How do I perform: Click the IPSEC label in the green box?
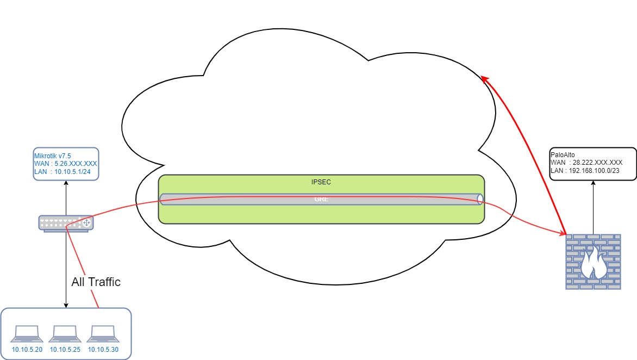click(x=321, y=182)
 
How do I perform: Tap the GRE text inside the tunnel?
click(x=321, y=200)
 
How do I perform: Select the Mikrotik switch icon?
click(x=66, y=222)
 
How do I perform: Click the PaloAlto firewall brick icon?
click(x=593, y=262)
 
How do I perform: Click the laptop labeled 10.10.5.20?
click(x=27, y=333)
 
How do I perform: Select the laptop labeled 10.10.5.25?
click(x=65, y=333)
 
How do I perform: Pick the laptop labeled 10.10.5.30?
click(x=103, y=333)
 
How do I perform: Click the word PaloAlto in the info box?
click(x=563, y=154)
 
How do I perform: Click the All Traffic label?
click(x=96, y=282)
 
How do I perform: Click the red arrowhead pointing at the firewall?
click(x=561, y=232)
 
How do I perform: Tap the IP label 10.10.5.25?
click(x=65, y=349)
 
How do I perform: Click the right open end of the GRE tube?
click(x=480, y=199)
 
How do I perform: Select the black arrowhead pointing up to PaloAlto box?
click(x=593, y=184)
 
